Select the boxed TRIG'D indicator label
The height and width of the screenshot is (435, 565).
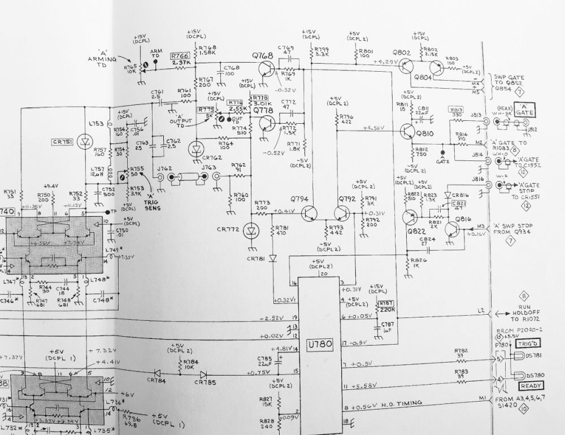click(x=529, y=343)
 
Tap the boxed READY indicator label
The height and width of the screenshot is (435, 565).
click(x=531, y=386)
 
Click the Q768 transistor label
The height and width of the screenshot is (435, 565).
click(x=263, y=55)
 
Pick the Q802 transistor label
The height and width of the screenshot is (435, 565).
click(x=402, y=53)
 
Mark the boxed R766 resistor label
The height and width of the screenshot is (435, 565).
click(x=180, y=55)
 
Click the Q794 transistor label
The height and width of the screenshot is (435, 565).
click(x=299, y=199)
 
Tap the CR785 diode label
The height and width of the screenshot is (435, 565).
click(x=205, y=382)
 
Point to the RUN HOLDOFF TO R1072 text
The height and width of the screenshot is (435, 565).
click(x=524, y=314)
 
